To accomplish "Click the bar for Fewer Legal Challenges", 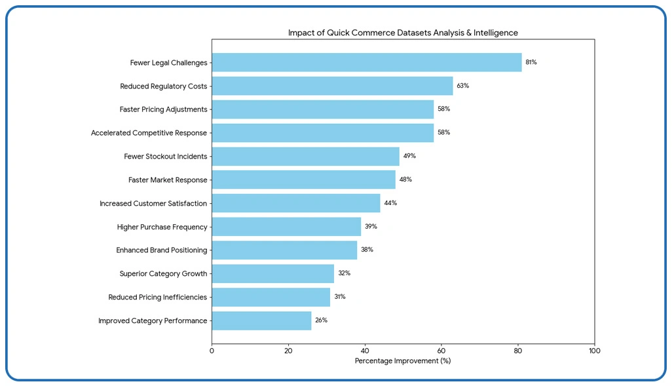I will [367, 63].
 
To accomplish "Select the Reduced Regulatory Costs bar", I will [332, 86].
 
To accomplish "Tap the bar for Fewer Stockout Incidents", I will [305, 157].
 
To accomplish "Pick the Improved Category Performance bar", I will [261, 321].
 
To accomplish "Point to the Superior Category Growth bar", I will [272, 274].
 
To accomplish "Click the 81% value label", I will [531, 62].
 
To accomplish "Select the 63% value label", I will [462, 86].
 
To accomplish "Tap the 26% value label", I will [321, 320].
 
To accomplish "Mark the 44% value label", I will [390, 203].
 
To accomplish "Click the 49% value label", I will [409, 156].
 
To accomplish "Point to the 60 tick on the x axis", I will [441, 351].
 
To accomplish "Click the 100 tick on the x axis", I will [595, 351].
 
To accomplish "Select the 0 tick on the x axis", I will [212, 351].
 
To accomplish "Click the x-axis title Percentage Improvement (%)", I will [403, 361].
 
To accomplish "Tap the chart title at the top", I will [403, 33].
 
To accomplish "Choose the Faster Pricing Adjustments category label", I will [163, 109].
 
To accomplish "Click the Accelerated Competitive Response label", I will [149, 133].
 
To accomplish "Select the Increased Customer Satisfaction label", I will [153, 204].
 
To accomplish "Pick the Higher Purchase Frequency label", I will [162, 227].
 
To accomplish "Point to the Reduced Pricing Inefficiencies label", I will [157, 298].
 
